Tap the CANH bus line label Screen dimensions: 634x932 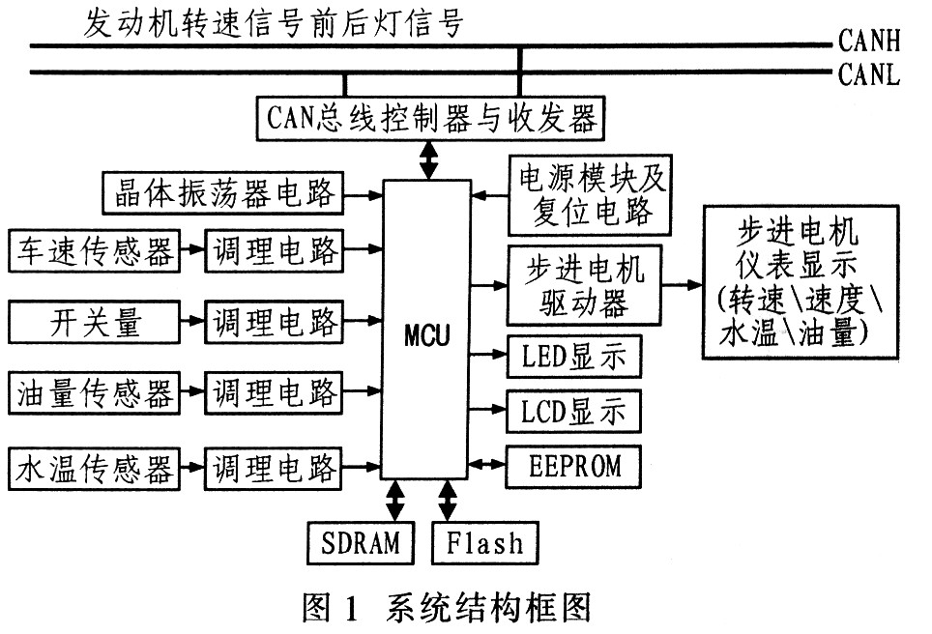[x=869, y=42]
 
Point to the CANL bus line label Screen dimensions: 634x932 [x=869, y=73]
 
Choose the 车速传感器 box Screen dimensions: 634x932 [x=94, y=251]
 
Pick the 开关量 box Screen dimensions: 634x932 [x=94, y=320]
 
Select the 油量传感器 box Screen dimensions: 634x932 [x=94, y=393]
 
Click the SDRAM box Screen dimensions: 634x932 [x=360, y=542]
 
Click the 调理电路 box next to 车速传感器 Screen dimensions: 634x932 [x=274, y=251]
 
